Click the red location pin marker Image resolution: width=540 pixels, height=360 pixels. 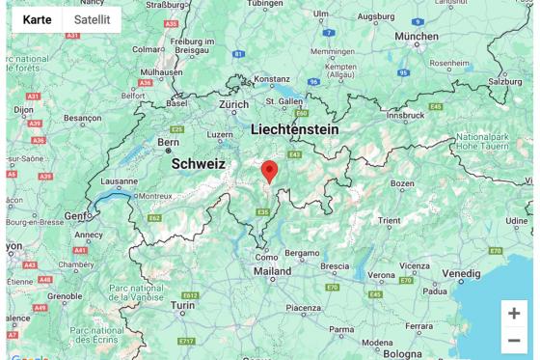pyautogui.click(x=270, y=171)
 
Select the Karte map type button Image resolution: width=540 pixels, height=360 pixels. pyautogui.click(x=37, y=19)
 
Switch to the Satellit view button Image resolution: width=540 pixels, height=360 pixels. pyautogui.click(x=92, y=19)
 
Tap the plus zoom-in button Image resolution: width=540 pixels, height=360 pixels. pyautogui.click(x=514, y=314)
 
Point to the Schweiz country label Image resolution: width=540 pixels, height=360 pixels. pyautogui.click(x=199, y=164)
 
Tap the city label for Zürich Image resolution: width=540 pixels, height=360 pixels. pyautogui.click(x=233, y=103)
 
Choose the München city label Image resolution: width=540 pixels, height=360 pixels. pyautogui.click(x=416, y=36)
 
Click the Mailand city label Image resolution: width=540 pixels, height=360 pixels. pyautogui.click(x=272, y=271)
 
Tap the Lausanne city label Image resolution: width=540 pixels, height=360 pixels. pyautogui.click(x=120, y=180)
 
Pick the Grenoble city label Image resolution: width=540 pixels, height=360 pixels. pyautogui.click(x=65, y=296)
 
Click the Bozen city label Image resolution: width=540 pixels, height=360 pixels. pyautogui.click(x=401, y=182)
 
